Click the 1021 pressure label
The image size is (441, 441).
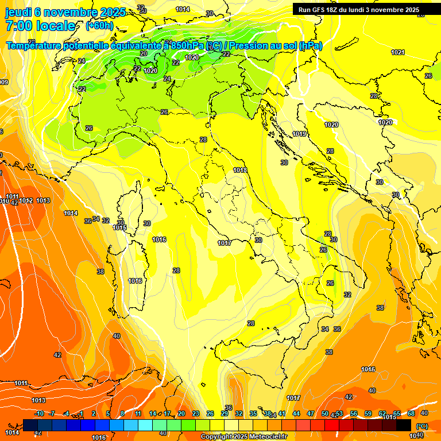(x=397, y=52)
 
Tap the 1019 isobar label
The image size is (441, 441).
(x=299, y=134)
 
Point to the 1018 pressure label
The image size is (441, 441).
(x=240, y=170)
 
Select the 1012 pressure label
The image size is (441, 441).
(x=26, y=200)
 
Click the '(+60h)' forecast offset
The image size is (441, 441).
(x=99, y=26)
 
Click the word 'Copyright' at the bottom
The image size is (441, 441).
(x=218, y=436)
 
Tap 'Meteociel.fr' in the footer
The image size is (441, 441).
(x=268, y=436)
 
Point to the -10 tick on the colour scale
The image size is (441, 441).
(x=39, y=413)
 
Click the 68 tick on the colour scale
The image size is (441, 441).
(x=411, y=413)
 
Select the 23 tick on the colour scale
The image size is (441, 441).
(x=196, y=413)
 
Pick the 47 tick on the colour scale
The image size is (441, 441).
(x=311, y=413)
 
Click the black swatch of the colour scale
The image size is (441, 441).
(x=404, y=425)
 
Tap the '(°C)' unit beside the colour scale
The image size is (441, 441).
(x=421, y=426)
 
